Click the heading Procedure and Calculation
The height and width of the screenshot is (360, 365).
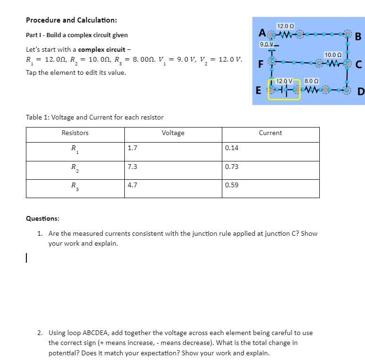(72, 20)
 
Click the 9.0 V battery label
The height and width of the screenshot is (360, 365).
(266, 44)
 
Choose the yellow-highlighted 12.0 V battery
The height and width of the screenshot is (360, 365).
(284, 89)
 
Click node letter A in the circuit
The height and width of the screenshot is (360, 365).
(261, 33)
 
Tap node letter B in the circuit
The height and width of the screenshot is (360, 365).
(358, 37)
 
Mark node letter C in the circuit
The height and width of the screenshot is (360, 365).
(358, 64)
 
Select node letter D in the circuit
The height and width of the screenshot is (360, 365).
(360, 91)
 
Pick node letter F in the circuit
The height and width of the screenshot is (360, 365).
(260, 63)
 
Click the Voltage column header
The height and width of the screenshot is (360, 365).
(173, 133)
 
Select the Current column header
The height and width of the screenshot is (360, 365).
(270, 133)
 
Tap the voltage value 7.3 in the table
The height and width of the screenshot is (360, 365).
(132, 167)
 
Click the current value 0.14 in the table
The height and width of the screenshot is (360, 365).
(232, 148)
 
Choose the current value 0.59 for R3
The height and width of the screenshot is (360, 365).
(232, 185)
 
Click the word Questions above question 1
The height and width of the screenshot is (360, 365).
(42, 219)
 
